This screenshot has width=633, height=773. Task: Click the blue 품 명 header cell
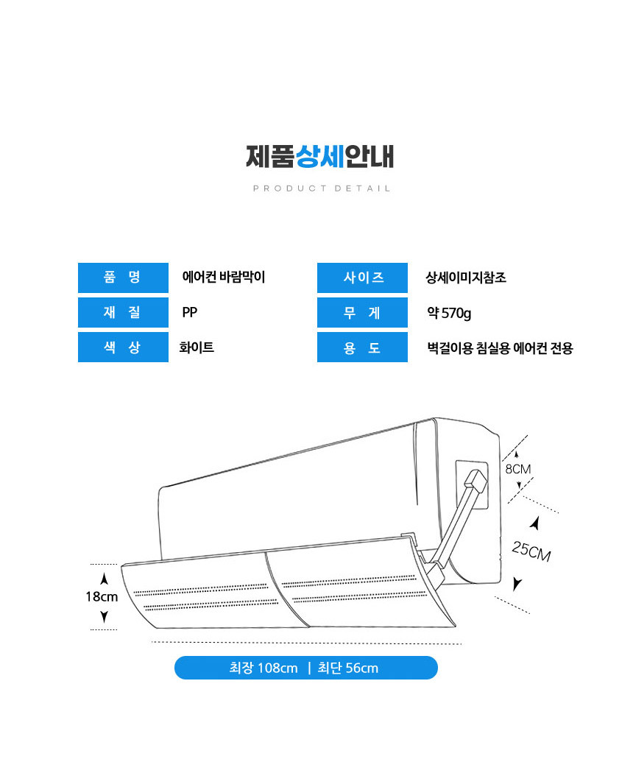(x=123, y=278)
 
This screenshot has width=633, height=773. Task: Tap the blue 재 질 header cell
(x=123, y=313)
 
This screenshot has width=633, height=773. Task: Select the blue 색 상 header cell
(x=123, y=347)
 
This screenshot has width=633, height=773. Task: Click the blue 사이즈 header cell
(x=362, y=278)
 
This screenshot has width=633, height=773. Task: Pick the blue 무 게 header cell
(x=362, y=313)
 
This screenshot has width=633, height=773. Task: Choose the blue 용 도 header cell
(x=362, y=347)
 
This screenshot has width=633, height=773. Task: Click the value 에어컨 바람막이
(x=224, y=277)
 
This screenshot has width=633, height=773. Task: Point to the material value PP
(x=190, y=313)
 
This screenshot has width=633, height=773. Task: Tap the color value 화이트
(x=197, y=347)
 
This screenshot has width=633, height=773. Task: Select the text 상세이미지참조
(x=466, y=278)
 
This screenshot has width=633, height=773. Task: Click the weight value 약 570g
(x=449, y=313)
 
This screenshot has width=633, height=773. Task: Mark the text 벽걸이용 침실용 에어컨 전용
(x=500, y=348)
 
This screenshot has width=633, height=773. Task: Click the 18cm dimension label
(x=102, y=597)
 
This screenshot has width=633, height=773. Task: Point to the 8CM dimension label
(x=518, y=469)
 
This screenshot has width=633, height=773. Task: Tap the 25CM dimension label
(x=531, y=551)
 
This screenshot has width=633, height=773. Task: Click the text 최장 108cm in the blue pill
(x=264, y=668)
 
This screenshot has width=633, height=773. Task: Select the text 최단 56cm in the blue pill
(x=348, y=668)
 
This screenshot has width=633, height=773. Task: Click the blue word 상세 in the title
(x=319, y=156)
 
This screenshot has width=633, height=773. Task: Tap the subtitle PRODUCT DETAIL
(x=322, y=188)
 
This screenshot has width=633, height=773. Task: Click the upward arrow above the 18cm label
(x=104, y=579)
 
